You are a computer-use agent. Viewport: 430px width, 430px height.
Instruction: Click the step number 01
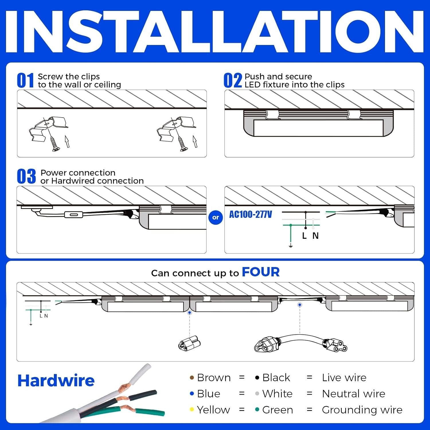(25, 81)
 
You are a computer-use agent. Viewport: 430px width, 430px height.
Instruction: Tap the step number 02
(232, 81)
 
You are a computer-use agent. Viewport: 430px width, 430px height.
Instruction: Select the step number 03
(26, 177)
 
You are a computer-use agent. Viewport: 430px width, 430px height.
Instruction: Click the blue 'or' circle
(216, 217)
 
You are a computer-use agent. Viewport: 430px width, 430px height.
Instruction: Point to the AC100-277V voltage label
(251, 214)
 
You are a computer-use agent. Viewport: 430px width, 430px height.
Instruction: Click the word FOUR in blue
(261, 272)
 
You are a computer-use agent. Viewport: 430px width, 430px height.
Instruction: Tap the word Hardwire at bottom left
(56, 381)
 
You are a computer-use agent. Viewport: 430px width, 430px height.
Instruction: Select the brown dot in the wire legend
(192, 378)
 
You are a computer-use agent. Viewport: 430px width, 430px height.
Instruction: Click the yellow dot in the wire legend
(192, 410)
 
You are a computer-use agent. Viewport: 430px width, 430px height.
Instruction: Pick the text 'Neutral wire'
(353, 394)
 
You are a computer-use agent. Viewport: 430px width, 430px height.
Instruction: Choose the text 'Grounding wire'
(362, 410)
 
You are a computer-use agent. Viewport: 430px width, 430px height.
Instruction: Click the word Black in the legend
(276, 378)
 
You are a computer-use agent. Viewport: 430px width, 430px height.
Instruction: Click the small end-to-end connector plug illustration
(189, 343)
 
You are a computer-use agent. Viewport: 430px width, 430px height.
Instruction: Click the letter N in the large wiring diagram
(315, 236)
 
